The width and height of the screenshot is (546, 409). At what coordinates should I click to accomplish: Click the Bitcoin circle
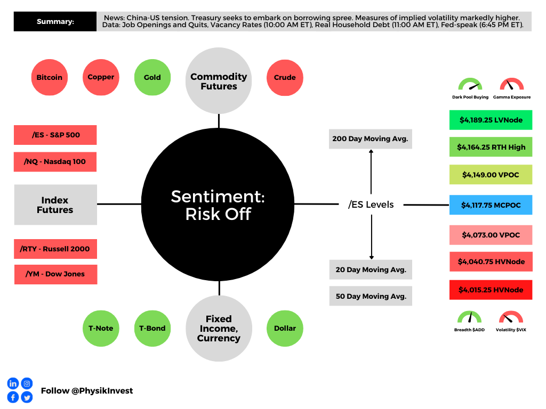point(50,77)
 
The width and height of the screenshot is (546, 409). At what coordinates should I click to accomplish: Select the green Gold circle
point(152,77)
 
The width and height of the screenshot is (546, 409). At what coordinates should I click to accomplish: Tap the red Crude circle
point(285,77)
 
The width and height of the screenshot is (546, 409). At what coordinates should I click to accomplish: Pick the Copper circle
point(101,77)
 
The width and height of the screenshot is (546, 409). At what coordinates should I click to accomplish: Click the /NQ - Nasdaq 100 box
point(55,161)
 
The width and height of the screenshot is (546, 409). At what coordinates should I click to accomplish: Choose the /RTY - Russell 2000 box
point(55,249)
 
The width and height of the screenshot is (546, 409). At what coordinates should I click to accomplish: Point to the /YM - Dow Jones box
point(55,274)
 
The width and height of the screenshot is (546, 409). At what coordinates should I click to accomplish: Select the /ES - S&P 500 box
point(55,135)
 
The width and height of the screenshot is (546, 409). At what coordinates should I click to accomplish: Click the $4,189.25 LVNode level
point(491,120)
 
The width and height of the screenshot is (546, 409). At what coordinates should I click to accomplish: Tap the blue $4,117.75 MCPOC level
point(491,204)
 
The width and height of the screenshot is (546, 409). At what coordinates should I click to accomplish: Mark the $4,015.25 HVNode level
point(491,290)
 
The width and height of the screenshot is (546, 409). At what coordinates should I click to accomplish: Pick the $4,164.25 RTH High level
point(491,147)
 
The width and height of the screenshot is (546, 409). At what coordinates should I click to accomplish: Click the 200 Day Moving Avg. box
point(371,138)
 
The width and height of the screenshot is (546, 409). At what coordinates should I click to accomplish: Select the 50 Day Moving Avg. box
point(371,296)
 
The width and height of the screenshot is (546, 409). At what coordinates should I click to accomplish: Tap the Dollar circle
point(285,328)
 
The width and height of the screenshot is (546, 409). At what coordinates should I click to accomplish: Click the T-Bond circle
point(152,328)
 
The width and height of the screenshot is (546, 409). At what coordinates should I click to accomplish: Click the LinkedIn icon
point(13,383)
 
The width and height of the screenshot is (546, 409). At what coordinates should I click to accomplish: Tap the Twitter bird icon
point(27,397)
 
